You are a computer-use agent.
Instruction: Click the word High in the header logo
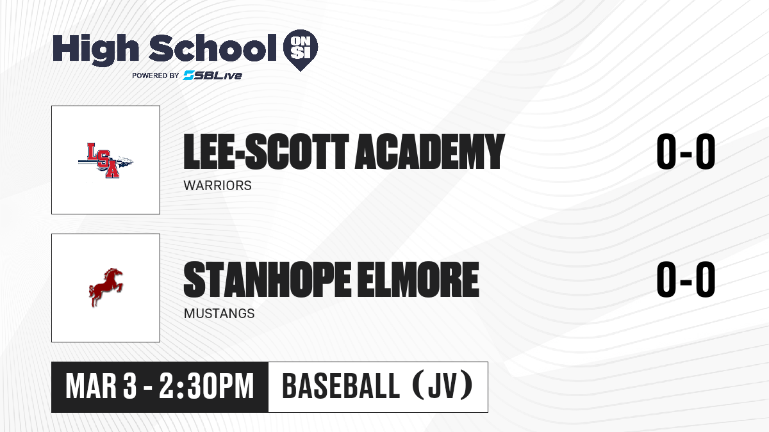click(x=95, y=50)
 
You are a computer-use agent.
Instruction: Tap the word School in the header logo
click(x=213, y=48)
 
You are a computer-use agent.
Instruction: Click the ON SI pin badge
click(x=301, y=50)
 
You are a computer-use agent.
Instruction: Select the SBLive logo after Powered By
click(x=213, y=75)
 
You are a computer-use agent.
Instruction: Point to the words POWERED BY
click(x=156, y=76)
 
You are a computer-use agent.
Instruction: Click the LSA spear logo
click(x=106, y=161)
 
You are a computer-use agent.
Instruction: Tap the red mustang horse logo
click(x=106, y=287)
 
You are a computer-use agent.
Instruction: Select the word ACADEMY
click(x=429, y=151)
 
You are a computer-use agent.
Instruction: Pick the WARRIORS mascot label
click(x=218, y=186)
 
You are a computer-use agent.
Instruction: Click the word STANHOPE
click(x=267, y=279)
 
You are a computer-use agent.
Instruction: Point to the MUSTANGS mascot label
click(x=219, y=314)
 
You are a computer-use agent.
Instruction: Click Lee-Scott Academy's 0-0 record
click(x=686, y=151)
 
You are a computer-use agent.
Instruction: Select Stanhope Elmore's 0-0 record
click(x=686, y=279)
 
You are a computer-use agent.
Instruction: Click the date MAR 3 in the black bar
click(x=101, y=387)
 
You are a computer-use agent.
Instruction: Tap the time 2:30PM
click(x=206, y=387)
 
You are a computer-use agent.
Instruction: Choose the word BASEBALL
click(x=341, y=387)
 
